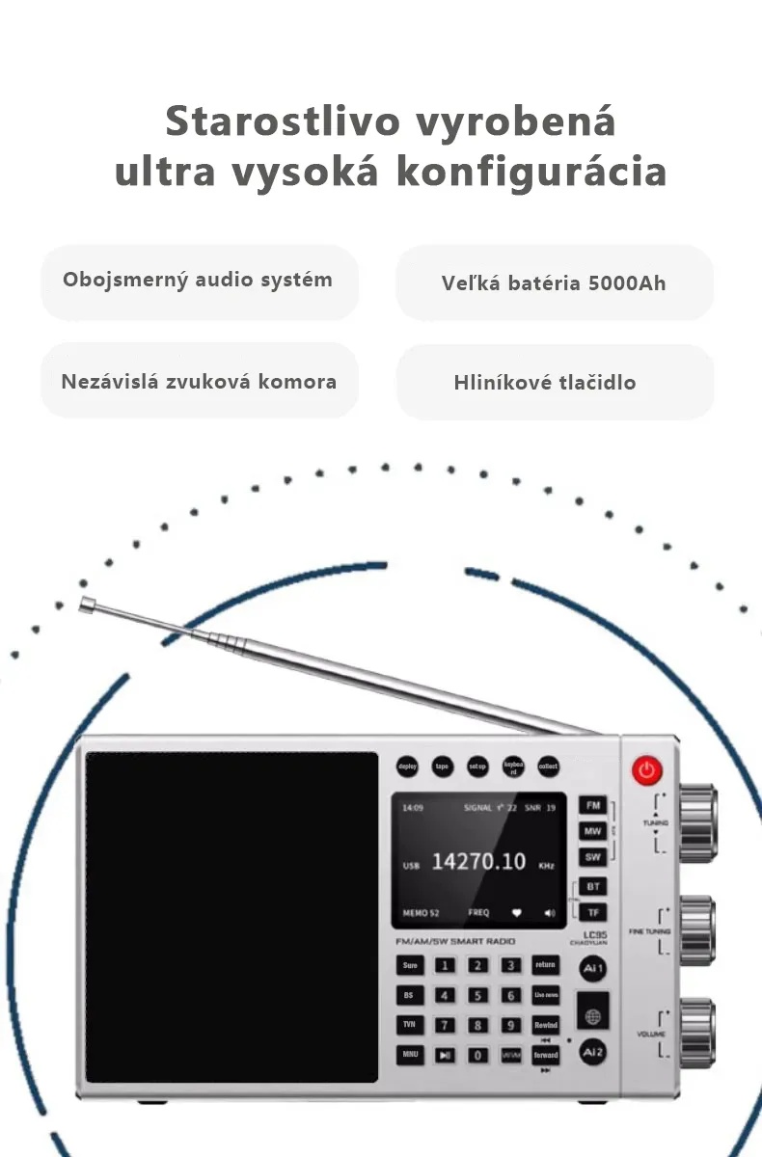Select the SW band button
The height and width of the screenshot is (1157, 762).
coord(593,857)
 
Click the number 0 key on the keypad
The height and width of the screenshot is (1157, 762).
coord(477,1055)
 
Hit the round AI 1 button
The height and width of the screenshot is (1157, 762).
coord(593,968)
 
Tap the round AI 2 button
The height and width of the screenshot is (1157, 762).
coord(593,1052)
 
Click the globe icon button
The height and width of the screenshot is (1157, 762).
coord(593,1016)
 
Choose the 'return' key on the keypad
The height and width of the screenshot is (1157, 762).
coord(545,965)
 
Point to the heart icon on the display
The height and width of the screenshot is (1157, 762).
coord(517,912)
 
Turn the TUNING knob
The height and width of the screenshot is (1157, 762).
coord(696,822)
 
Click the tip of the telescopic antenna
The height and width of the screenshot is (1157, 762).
coord(87,605)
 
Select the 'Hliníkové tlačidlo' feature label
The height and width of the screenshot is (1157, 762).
coord(545,382)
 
